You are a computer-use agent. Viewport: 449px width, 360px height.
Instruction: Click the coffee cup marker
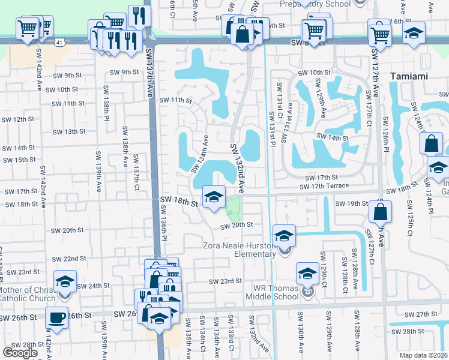point(58,318)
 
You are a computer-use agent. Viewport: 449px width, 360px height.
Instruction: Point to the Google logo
point(20,353)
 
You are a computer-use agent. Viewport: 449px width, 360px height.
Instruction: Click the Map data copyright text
point(424,355)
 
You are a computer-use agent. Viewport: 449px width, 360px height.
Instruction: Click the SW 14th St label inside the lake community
point(333,138)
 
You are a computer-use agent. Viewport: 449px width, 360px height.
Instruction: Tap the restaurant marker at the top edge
point(138,16)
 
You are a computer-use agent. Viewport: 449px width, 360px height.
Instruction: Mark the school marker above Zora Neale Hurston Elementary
point(285,236)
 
